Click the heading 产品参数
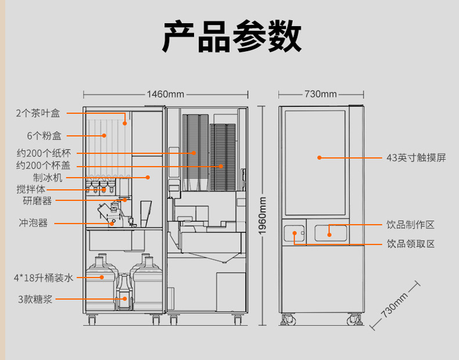(x=231, y=37)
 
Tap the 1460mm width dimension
(x=165, y=94)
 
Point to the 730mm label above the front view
(x=321, y=94)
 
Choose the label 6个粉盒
(x=44, y=135)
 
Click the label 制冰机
(x=48, y=178)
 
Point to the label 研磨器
(x=38, y=201)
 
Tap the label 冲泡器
(x=33, y=222)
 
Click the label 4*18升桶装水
(x=45, y=278)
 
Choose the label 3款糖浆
(x=35, y=299)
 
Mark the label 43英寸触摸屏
(x=416, y=157)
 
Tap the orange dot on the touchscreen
(x=319, y=157)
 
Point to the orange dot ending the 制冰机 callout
(x=148, y=177)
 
